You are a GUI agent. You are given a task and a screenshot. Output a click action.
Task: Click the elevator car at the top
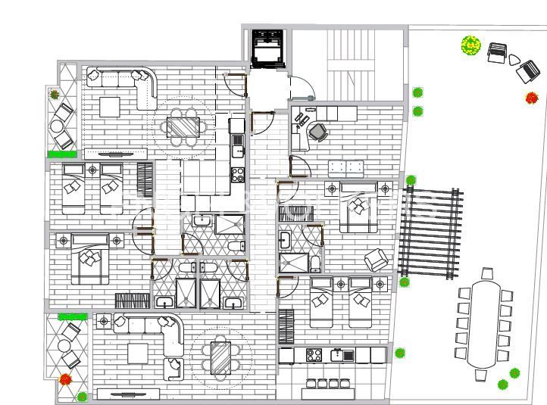(x=267, y=48)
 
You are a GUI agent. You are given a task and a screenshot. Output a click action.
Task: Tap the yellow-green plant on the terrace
(x=471, y=45)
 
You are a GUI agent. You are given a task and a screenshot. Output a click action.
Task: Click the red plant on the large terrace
(x=532, y=98)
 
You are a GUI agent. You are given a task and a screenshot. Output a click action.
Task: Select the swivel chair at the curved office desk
(x=318, y=132)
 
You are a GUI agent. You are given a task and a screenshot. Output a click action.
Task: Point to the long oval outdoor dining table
(x=484, y=323)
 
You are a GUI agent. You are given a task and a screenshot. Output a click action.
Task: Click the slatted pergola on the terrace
(x=430, y=232)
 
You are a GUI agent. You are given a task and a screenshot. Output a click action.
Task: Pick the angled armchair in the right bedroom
(x=377, y=260)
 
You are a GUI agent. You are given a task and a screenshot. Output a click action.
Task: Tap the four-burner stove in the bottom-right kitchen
(x=315, y=354)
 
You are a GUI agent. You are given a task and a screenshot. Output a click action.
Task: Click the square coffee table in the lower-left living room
(x=139, y=354)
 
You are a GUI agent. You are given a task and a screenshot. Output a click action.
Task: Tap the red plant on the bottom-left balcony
(x=66, y=379)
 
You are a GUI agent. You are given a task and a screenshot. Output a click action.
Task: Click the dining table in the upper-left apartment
(x=182, y=126)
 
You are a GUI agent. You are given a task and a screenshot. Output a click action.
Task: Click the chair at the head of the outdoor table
(x=486, y=273)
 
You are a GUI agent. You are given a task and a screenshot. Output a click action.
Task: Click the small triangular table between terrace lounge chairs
(x=514, y=60)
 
